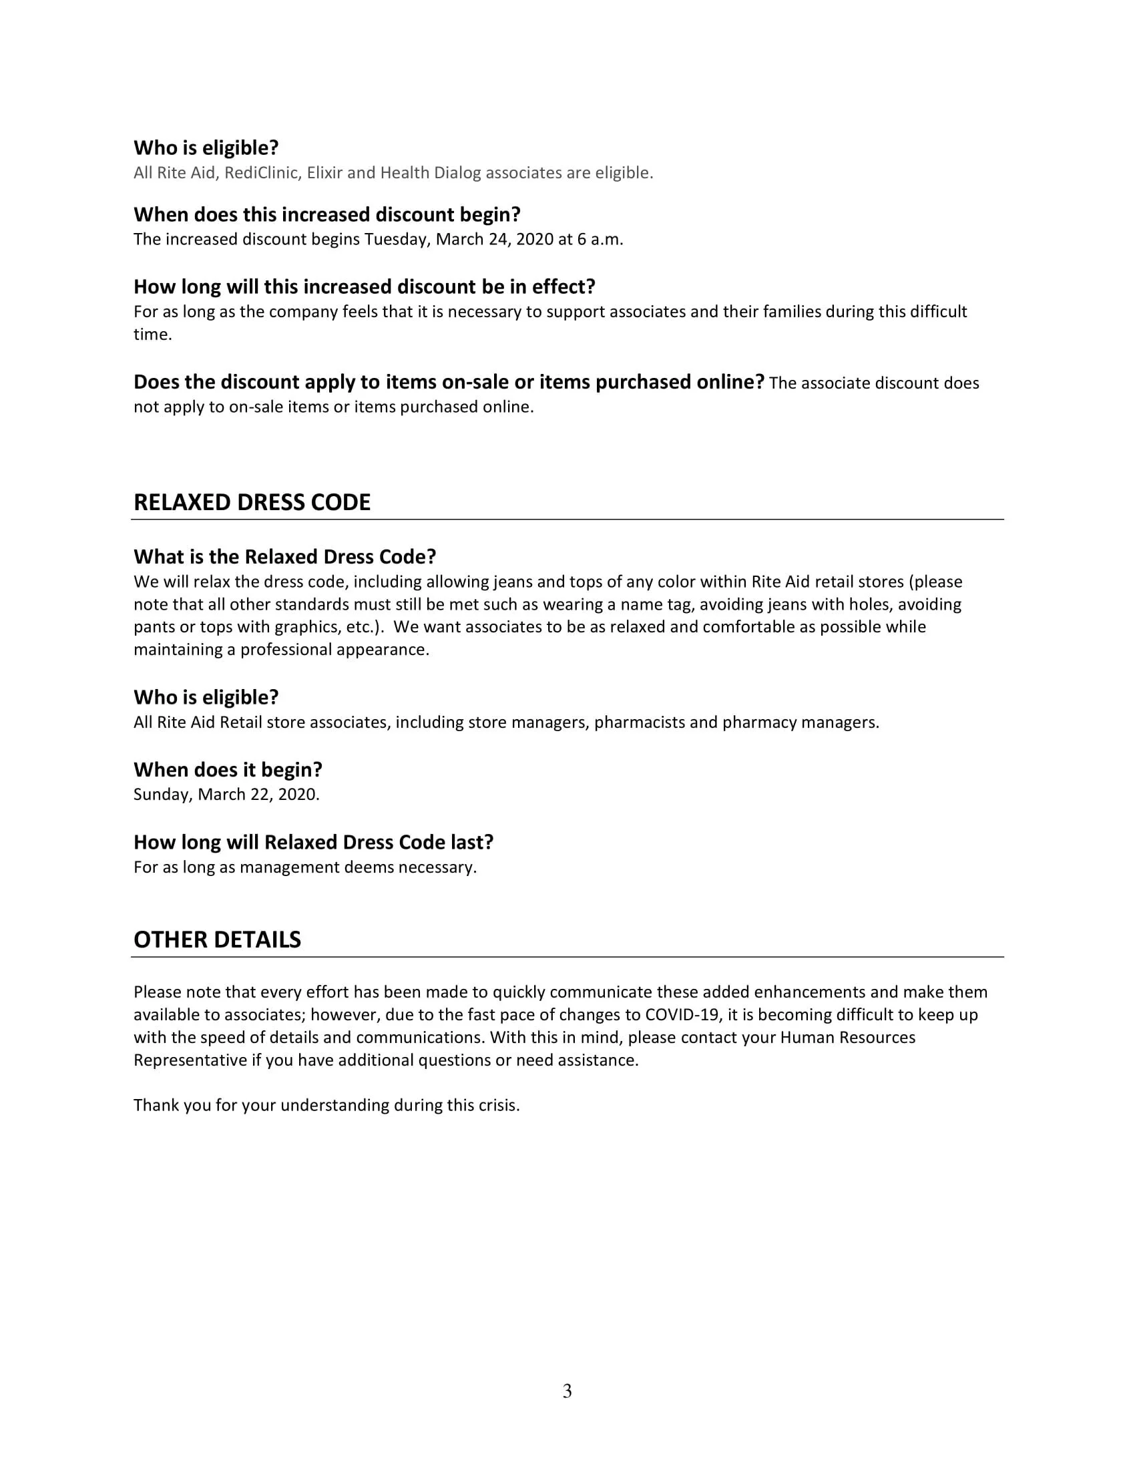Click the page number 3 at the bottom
tap(567, 1391)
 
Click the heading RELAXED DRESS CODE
tap(252, 502)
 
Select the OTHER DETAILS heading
tap(217, 939)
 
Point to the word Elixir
tap(324, 174)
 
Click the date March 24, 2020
tap(494, 240)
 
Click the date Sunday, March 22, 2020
tap(226, 795)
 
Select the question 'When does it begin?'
tap(228, 769)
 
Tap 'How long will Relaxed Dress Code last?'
tap(313, 842)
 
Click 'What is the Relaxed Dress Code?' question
tap(285, 557)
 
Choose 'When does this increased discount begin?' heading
tap(326, 214)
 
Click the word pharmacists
tap(640, 722)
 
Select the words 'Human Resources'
tap(847, 1037)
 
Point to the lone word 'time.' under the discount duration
tap(153, 335)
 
